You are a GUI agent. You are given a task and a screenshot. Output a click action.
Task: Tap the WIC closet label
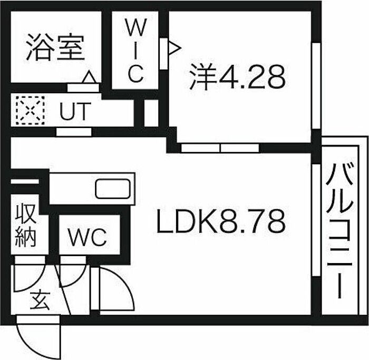[135, 51]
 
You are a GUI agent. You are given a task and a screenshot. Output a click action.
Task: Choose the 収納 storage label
[25, 226]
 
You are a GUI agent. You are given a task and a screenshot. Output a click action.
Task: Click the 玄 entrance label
[39, 301]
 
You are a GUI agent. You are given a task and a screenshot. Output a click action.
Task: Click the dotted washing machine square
[30, 110]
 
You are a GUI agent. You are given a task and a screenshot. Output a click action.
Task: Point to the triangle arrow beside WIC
[174, 49]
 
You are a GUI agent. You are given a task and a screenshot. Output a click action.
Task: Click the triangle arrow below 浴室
[90, 78]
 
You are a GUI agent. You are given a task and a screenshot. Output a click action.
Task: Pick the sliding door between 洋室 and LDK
[220, 148]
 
